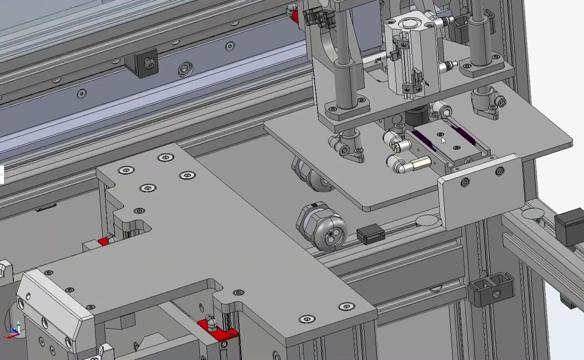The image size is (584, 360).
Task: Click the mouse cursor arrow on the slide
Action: click(443, 141)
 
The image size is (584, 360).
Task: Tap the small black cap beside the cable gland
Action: click(369, 234)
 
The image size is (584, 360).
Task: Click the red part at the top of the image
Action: click(294, 16)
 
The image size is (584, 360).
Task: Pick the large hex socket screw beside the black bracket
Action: click(185, 69)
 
